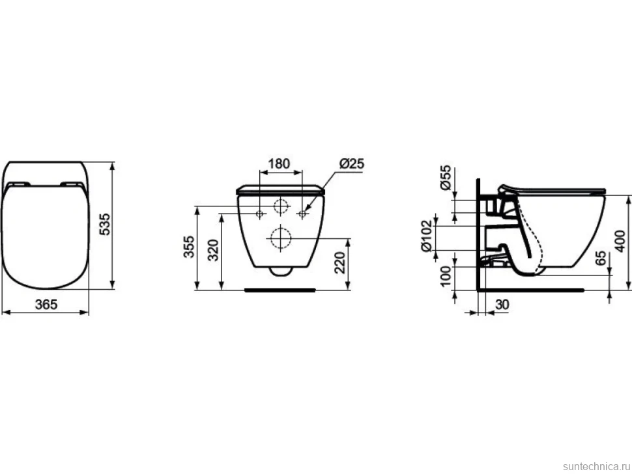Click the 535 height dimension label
click(x=104, y=225)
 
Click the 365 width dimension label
click(x=46, y=305)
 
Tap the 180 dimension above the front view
click(x=279, y=163)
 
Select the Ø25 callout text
click(x=351, y=163)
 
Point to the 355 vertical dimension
click(x=189, y=247)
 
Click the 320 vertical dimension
click(x=213, y=250)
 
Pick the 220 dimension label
click(x=340, y=262)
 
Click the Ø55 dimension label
click(x=446, y=178)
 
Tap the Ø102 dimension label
click(x=427, y=236)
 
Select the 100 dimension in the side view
click(x=446, y=276)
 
